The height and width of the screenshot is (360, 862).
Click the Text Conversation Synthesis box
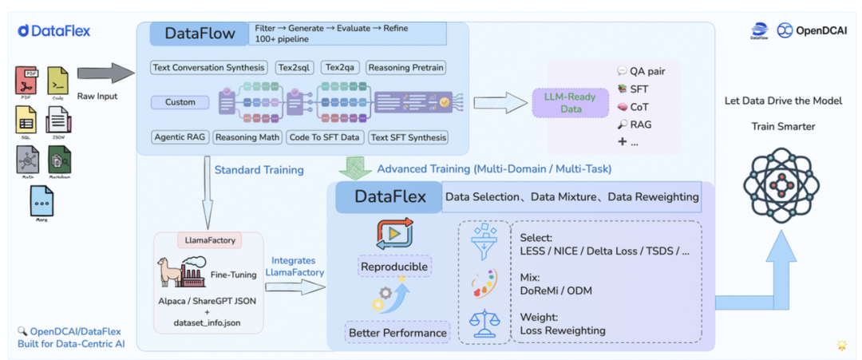pos(209,68)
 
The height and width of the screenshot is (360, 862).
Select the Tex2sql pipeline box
pos(295,68)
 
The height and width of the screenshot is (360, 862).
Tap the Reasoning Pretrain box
pos(406,68)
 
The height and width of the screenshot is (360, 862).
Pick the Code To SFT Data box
pos(324,137)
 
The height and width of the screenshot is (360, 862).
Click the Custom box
pos(181,102)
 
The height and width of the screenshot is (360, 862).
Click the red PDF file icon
pos(26,81)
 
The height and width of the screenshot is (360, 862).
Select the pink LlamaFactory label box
pos(209,239)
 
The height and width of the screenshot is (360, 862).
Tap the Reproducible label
pos(394,266)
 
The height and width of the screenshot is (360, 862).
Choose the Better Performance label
pos(397,332)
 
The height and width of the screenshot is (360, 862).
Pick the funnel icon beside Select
pos(486,241)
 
